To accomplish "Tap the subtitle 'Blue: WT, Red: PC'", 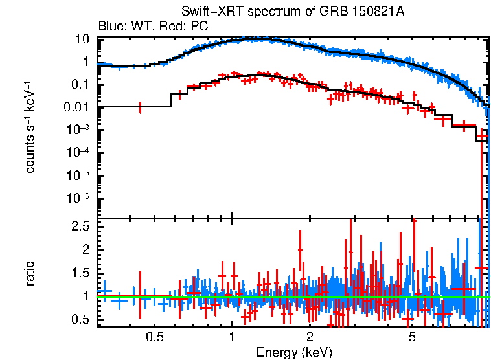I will [x=153, y=27].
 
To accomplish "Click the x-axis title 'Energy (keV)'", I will [x=294, y=352].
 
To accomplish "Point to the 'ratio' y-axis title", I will [x=30, y=273].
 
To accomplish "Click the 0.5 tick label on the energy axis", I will [x=154, y=337].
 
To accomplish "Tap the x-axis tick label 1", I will [x=232, y=337].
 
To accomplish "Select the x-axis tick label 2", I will [x=310, y=337].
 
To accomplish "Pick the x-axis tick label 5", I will [x=413, y=337].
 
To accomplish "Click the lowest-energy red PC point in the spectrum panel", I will [x=140, y=107].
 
